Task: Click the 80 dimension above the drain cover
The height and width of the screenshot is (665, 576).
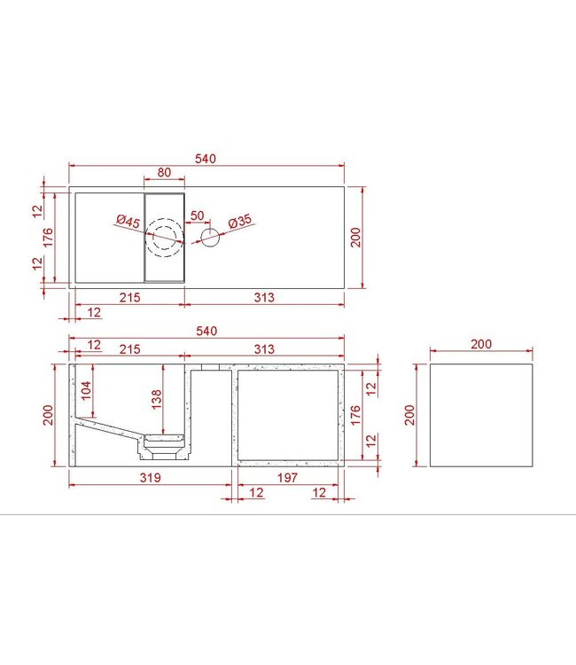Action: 164,173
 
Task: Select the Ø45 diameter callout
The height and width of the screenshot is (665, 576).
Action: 128,222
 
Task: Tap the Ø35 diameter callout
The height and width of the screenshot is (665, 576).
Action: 240,222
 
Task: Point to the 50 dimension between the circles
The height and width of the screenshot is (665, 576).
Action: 197,215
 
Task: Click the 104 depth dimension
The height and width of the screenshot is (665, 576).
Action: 85,390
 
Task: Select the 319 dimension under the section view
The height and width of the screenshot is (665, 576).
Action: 150,479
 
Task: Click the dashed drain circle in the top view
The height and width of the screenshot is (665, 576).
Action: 165,237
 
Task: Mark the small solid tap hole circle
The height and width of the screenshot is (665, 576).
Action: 210,237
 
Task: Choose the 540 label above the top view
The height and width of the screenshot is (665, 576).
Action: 206,159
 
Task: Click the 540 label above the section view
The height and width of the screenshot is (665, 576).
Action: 206,331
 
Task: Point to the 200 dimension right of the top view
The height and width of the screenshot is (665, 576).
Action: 357,237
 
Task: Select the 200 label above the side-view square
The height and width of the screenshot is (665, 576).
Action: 482,344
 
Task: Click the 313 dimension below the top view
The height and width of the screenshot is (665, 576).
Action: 263,298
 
